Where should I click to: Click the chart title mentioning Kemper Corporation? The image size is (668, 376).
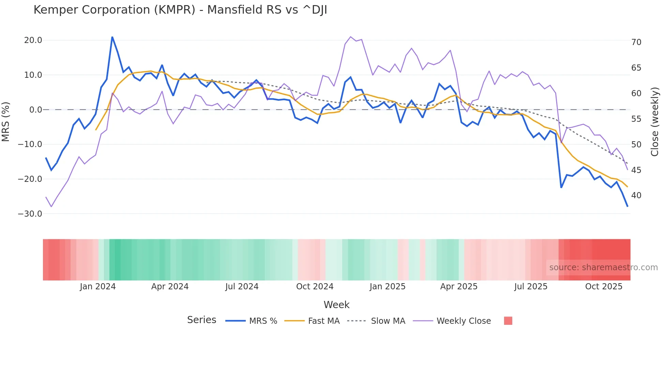tap(180, 10)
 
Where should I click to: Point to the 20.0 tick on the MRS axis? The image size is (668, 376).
tap(33, 40)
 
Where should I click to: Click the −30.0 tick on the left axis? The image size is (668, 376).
tap(30, 214)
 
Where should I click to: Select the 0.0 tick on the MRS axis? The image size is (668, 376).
tap(35, 110)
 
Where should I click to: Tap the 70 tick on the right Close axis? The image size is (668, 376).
tap(636, 42)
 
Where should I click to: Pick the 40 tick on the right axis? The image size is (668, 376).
tap(636, 196)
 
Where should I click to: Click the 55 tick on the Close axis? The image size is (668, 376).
tap(636, 119)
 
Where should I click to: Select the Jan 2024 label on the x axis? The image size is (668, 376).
tap(98, 287)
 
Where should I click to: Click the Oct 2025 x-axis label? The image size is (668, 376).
tap(604, 287)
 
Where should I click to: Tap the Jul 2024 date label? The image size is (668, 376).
tap(242, 287)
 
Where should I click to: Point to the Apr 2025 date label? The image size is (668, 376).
tap(459, 287)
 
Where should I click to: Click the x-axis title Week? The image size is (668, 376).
tap(336, 305)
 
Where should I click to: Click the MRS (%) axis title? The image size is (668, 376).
tap(6, 121)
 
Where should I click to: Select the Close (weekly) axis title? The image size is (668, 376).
tap(655, 122)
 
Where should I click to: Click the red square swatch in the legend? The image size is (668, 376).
tap(508, 321)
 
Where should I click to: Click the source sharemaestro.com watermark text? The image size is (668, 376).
tap(603, 267)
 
